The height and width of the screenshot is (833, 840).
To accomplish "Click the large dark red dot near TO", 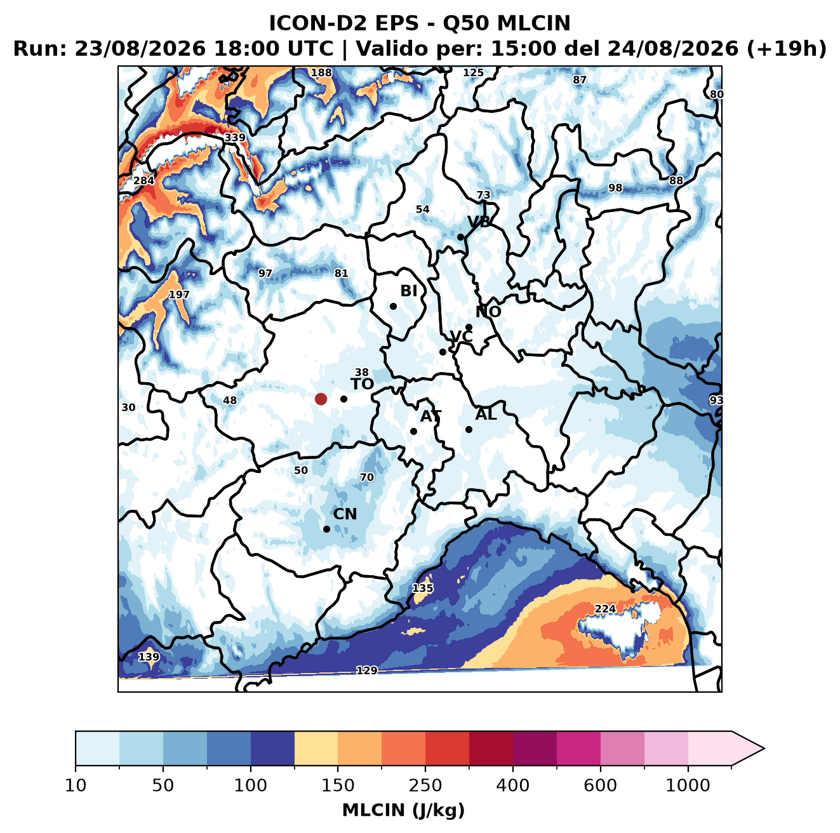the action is pos(321,399).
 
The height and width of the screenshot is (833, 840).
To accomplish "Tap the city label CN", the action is pos(345,514).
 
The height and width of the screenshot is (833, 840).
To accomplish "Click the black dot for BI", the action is pos(393,307).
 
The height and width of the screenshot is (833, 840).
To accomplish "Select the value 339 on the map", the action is pos(235,138).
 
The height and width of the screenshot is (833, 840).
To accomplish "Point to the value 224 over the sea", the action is pos(605,608).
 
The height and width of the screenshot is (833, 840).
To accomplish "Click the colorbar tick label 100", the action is pos(250,785).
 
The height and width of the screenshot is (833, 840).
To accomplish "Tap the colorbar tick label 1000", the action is pos(688,785).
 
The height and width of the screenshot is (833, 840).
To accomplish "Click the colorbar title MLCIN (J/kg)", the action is pos(403,810).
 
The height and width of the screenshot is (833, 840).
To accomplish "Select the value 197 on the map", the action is pos(179,295).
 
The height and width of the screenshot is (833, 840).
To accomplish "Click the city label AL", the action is pos(486,414).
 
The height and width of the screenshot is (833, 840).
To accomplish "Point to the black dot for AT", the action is pos(413,432).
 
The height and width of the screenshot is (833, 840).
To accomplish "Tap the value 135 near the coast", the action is pos(423,588).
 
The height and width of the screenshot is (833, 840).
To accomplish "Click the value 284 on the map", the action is pos(144,180).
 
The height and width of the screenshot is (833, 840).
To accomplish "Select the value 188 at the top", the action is pos(321,73).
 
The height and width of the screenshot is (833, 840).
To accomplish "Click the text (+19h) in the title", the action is pos(786,49).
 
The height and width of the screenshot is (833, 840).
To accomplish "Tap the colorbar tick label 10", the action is pos(76,785).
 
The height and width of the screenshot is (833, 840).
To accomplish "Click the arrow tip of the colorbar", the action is pos(764,749).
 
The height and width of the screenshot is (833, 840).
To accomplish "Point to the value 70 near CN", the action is pos(366,477).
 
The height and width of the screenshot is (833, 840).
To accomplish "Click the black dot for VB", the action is pos(460,237).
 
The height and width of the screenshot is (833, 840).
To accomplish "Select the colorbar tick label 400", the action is pos(512,785).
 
